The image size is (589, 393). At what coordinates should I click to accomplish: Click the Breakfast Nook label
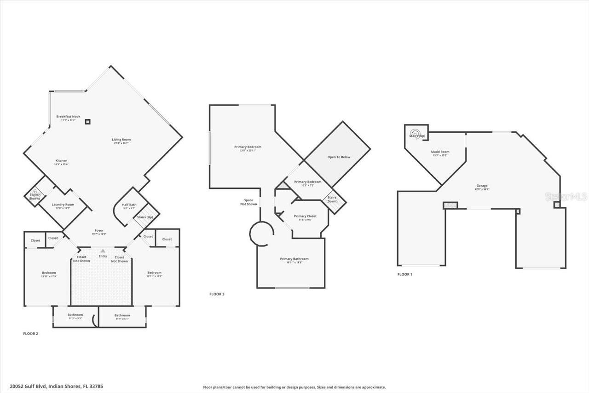(x=68, y=117)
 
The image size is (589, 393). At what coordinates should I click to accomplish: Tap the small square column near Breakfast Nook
(x=87, y=122)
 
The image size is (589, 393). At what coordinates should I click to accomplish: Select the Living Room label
(x=121, y=140)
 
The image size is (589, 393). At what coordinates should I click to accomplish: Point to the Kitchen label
(x=61, y=161)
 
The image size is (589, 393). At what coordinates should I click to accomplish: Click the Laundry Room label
(x=63, y=205)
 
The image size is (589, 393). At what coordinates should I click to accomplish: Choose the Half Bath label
(x=129, y=205)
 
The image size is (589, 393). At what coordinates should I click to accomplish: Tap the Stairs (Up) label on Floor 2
(x=145, y=217)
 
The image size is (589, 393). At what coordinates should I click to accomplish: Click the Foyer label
(x=99, y=230)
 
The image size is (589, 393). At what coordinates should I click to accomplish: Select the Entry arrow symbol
(x=103, y=251)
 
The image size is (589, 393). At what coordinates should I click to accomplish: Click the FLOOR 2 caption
(x=30, y=334)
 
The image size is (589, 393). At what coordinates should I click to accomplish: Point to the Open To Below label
(x=339, y=157)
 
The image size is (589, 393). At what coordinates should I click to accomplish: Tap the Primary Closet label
(x=305, y=216)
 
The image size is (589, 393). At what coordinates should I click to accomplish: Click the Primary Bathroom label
(x=294, y=259)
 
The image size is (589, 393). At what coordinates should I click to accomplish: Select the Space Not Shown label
(x=248, y=202)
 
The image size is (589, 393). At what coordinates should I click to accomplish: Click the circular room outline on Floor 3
(x=262, y=234)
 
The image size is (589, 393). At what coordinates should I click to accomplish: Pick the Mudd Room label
(x=440, y=152)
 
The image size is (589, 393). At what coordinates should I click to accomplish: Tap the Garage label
(x=482, y=186)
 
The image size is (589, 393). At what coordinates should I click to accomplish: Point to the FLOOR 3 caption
(x=217, y=294)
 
